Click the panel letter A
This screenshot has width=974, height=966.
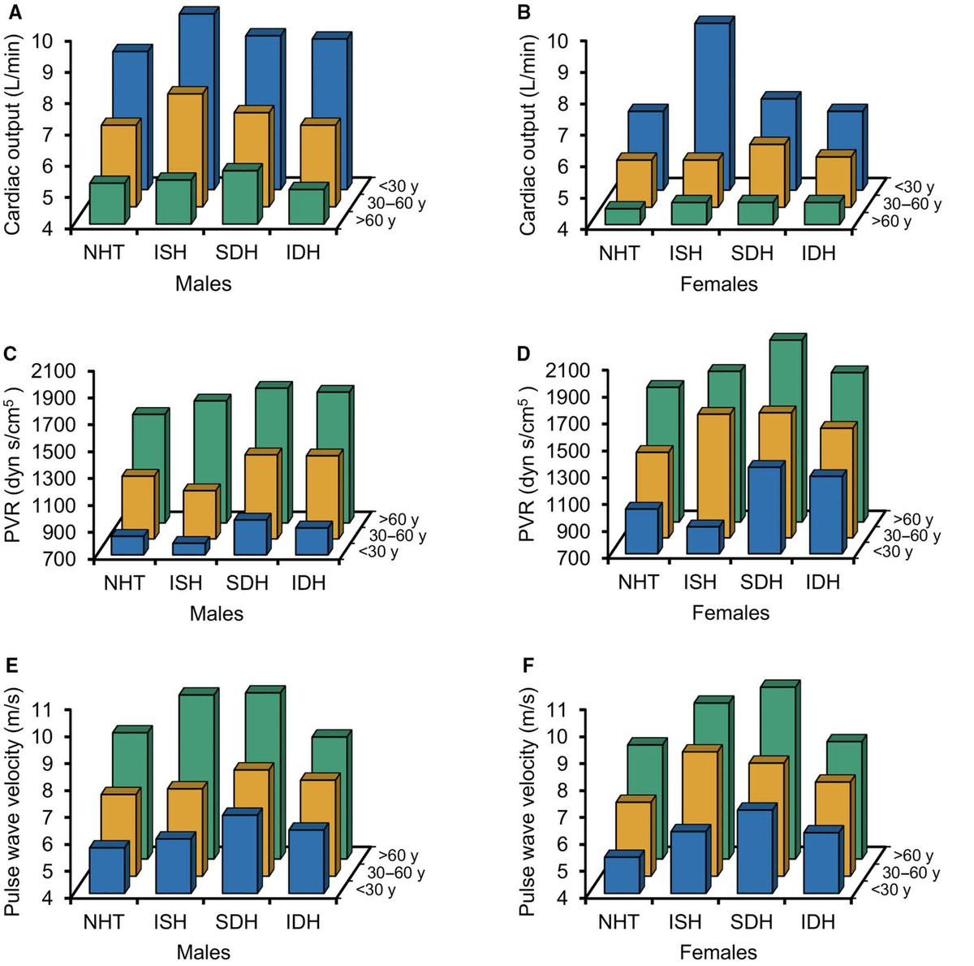9,9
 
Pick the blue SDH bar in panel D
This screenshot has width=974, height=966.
765,510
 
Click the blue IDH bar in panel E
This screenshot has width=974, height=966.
304,861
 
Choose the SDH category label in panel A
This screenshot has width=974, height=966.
236,252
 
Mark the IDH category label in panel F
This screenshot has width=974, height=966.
817,922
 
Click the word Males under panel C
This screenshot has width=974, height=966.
217,613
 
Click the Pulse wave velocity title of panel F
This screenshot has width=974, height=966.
528,800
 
